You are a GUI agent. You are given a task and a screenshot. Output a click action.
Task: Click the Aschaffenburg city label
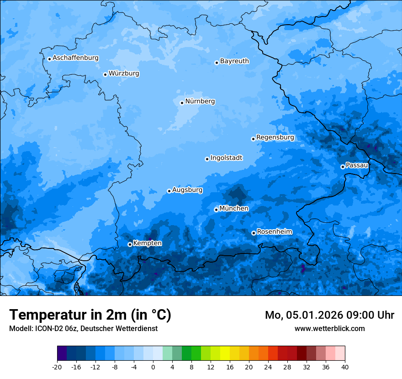pos(75,58)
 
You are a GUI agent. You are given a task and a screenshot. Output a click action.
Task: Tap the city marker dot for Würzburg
pos(105,74)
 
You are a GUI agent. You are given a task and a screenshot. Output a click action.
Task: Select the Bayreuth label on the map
pos(234,61)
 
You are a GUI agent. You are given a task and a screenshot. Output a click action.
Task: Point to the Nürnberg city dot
pos(182,103)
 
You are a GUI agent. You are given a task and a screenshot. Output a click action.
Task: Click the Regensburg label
pos(275,137)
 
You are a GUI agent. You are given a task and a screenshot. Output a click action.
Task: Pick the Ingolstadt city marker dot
pos(207,159)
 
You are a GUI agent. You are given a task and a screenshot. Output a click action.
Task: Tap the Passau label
pos(357,165)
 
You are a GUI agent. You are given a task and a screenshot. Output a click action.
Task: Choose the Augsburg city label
pos(187,190)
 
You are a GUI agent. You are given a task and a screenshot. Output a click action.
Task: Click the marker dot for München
pos(216,210)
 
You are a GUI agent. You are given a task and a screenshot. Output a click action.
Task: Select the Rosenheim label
pos(274,232)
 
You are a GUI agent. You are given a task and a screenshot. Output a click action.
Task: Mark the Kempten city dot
pos(130,244)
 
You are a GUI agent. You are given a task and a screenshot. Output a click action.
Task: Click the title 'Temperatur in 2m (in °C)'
pos(90,315)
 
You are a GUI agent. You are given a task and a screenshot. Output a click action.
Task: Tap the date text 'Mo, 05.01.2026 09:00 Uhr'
pos(329,315)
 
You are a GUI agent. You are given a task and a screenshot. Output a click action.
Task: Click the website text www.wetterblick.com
pos(329,328)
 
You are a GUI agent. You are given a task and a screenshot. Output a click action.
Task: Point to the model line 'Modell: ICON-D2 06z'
pos(83,328)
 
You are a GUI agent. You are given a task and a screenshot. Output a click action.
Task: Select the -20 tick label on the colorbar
pos(57,367)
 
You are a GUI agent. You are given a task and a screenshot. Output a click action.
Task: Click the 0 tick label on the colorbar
pos(153,367)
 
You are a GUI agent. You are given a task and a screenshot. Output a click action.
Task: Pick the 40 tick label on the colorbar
pos(345,367)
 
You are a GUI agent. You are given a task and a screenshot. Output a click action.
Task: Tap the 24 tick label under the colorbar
pos(268,367)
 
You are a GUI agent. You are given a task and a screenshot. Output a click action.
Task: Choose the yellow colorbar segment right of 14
pos(225,353)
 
